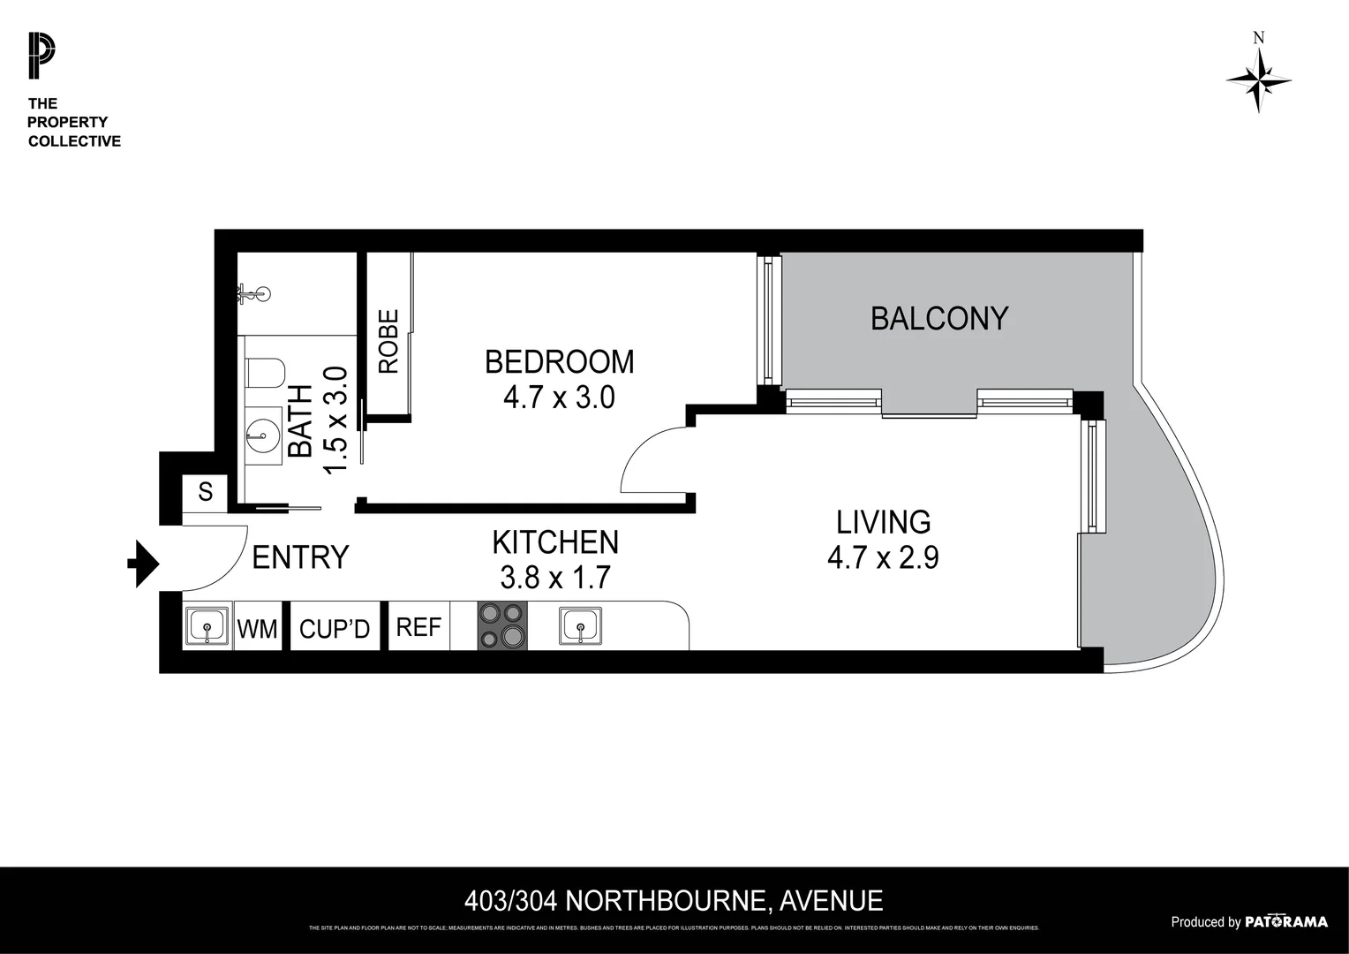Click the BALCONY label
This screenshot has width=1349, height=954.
(x=938, y=318)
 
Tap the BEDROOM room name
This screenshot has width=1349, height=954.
(x=559, y=361)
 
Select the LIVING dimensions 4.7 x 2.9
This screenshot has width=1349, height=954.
(x=882, y=558)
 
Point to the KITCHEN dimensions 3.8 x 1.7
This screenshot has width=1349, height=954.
(x=555, y=578)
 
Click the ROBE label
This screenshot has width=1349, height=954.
(x=388, y=341)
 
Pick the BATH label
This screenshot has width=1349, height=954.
(x=300, y=421)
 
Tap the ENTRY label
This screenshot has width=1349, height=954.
(x=300, y=557)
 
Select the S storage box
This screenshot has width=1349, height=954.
(x=206, y=491)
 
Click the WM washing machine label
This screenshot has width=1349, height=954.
(x=257, y=629)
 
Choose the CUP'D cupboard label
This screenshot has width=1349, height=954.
(x=335, y=629)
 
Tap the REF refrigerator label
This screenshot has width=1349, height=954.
(x=418, y=627)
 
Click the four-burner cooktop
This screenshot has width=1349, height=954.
(x=502, y=626)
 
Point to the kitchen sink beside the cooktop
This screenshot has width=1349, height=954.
(x=580, y=626)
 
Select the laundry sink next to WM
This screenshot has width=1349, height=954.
(x=207, y=626)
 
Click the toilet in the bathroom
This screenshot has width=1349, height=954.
(x=263, y=374)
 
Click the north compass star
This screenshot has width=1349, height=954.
(x=1258, y=79)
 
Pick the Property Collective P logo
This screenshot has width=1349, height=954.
(x=41, y=55)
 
